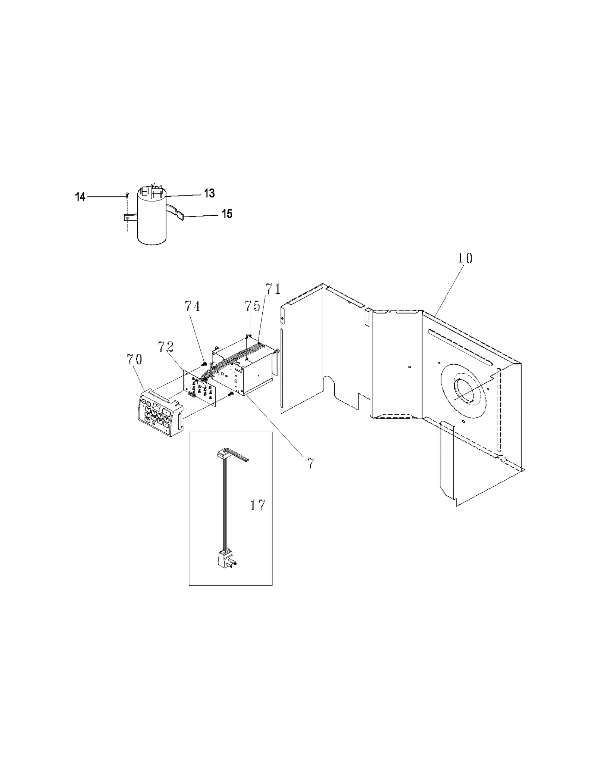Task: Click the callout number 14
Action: [80, 197]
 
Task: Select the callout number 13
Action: [209, 193]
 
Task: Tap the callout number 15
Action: [227, 214]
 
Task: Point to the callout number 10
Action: [465, 258]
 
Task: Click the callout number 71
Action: [273, 289]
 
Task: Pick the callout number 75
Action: [253, 306]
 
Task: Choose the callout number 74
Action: [193, 306]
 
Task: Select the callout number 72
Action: [166, 347]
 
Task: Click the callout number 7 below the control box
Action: [310, 463]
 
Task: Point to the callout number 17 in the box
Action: [257, 506]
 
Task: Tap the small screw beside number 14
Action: [127, 194]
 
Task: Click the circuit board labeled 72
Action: [199, 389]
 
